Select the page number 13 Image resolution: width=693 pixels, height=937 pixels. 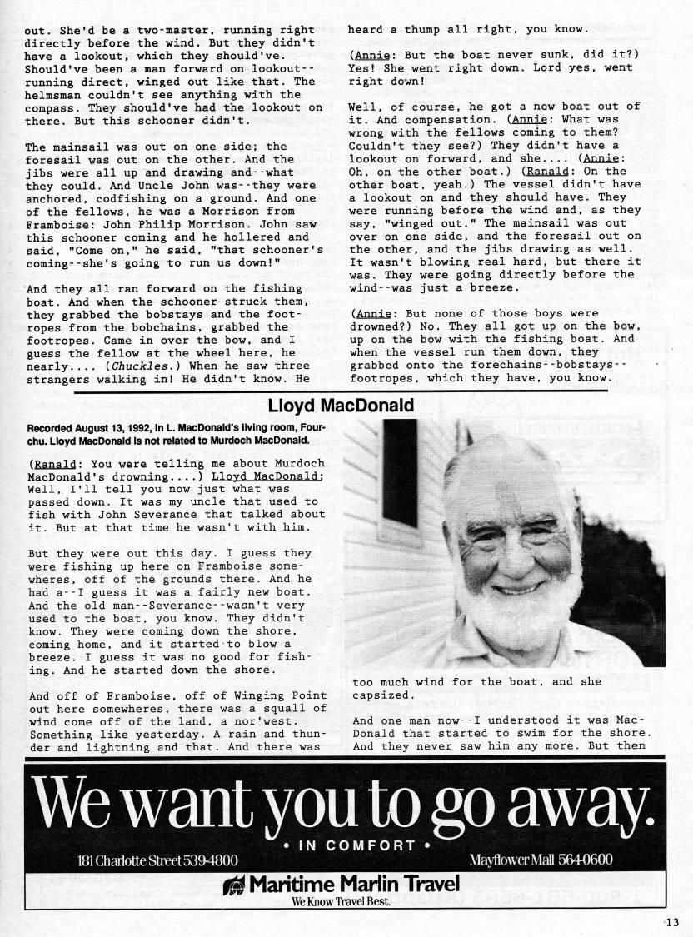(x=673, y=921)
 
